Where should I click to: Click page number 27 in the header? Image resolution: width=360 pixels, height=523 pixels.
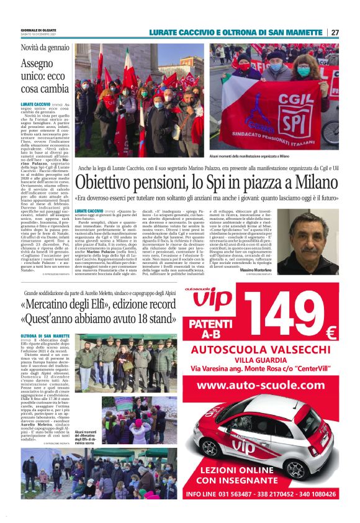pyautogui.click(x=335, y=32)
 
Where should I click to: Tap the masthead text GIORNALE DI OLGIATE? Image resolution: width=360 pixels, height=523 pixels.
pyautogui.click(x=38, y=29)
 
